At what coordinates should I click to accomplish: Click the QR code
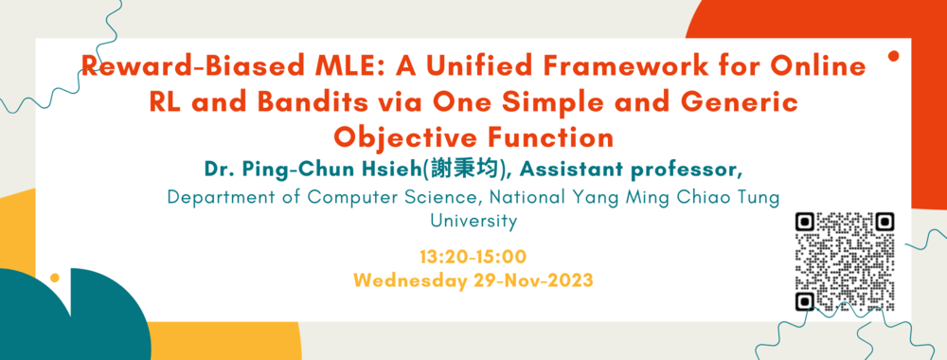(x=845, y=261)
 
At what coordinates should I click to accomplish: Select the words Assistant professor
(x=631, y=171)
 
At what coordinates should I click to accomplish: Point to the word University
(x=473, y=221)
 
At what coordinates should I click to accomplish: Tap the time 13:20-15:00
(x=473, y=257)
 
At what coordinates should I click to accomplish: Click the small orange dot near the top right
(x=894, y=56)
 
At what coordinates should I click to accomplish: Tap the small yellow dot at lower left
(x=55, y=278)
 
